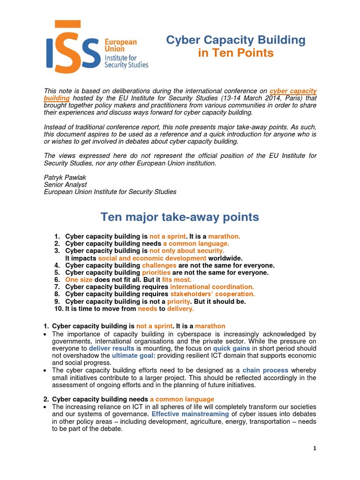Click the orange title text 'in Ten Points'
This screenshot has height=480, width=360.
coord(236,53)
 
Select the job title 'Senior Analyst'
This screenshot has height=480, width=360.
coord(65,185)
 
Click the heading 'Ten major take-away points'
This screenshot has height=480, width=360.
coord(180,217)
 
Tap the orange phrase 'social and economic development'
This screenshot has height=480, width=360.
coord(152,258)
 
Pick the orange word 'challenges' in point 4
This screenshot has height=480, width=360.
coord(159,265)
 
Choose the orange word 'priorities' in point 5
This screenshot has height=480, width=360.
coord(156,272)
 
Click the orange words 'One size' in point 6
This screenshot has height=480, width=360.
coord(79,280)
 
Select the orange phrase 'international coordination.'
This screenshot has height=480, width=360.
coord(212,287)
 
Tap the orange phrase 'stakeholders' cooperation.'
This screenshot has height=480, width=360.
coord(212,294)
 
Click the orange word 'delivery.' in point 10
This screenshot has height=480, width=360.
coord(180,309)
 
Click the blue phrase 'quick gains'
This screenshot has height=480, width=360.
coord(232,349)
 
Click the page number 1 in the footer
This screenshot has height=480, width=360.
coord(315,448)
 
